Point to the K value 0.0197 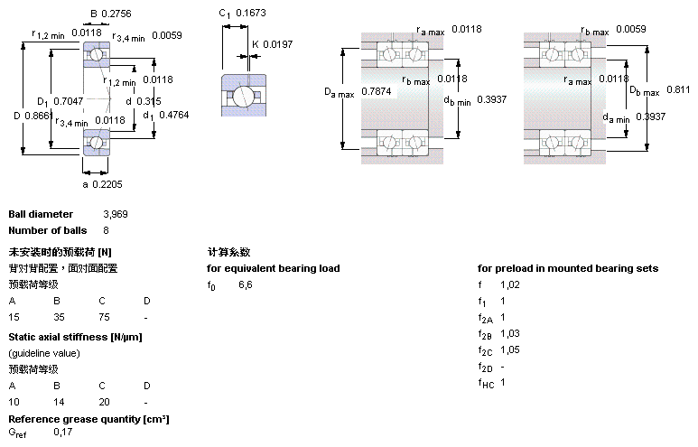pos(280,43)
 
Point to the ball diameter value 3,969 pos(117,214)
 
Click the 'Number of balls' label pos(45,230)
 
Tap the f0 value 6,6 pos(246,284)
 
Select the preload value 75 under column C pos(105,318)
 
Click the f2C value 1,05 pos(511,349)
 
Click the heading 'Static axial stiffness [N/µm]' pos(75,337)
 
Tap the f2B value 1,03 pos(511,333)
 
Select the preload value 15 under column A pos(14,318)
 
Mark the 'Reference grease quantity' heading pos(88,419)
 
